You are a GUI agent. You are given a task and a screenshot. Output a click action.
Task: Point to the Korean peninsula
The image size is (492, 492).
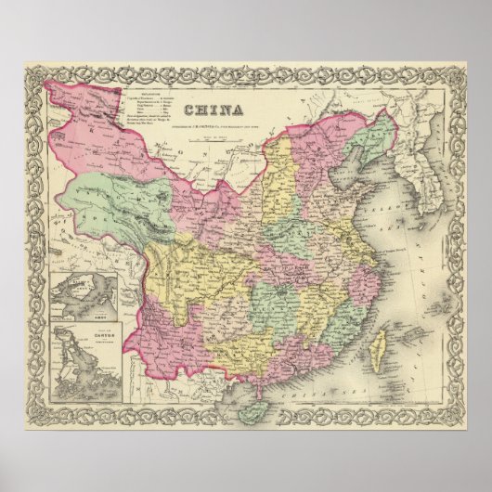tap(408, 214)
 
